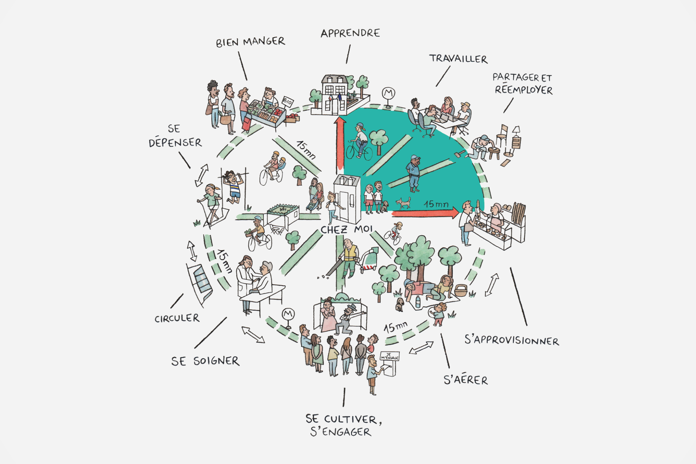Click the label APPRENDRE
(350, 33)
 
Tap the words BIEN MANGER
(250, 42)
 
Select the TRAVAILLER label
(458, 59)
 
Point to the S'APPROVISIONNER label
(512, 340)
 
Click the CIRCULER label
(177, 319)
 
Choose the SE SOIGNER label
(205, 361)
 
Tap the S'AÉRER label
(466, 379)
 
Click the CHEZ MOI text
(347, 230)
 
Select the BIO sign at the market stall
(288, 101)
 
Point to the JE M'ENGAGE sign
(389, 356)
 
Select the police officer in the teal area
(414, 173)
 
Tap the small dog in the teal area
(403, 203)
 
